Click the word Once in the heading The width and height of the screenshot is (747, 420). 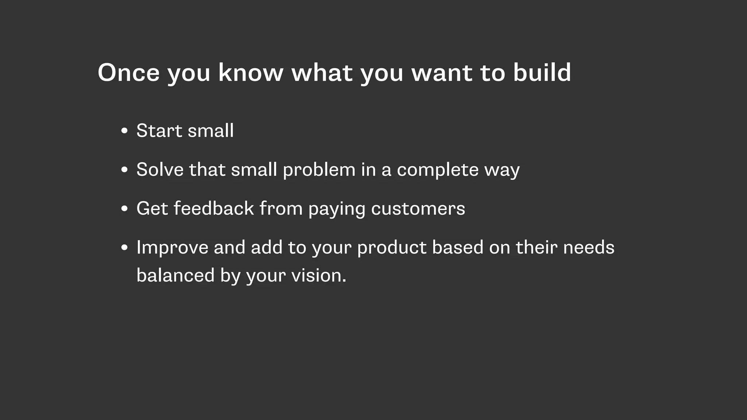tap(128, 73)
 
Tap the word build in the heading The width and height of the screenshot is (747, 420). tap(542, 73)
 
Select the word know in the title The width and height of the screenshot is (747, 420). tap(251, 73)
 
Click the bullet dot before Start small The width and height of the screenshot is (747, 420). tap(124, 131)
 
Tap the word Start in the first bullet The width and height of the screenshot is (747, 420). tap(159, 131)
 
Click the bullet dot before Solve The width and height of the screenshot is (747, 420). tap(124, 170)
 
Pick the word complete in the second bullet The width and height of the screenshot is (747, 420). tap(437, 170)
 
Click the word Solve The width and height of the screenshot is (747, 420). tap(160, 170)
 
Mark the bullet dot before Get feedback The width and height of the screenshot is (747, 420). tap(124, 209)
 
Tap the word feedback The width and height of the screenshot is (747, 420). tap(214, 209)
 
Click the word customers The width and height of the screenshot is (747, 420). tap(418, 209)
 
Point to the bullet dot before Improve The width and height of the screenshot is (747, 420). tap(124, 248)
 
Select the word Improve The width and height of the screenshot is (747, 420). tap(172, 248)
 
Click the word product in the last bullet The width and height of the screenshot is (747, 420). tap(392, 248)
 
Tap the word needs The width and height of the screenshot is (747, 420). tap(589, 248)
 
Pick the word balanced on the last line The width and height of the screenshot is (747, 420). tap(175, 275)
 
